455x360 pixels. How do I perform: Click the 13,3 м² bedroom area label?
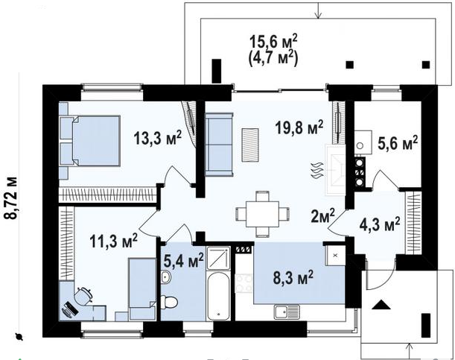pos(158,137)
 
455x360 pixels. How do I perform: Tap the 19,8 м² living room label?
pos(299,127)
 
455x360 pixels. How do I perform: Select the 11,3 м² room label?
pos(113,241)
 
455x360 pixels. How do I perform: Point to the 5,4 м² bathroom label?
pos(183,260)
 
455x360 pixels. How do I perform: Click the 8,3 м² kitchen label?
pos(293,277)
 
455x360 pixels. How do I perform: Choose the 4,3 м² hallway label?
pos(380,224)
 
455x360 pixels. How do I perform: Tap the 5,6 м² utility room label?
pos(398,143)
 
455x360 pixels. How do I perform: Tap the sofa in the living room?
pos(219,145)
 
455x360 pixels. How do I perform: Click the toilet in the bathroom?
pos(168,302)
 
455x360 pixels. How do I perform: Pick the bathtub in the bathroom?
pos(218,296)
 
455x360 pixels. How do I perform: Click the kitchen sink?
pos(287,312)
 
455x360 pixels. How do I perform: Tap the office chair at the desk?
pos(84,295)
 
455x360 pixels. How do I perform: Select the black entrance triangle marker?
pos(381,305)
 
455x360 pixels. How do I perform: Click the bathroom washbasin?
pos(166,277)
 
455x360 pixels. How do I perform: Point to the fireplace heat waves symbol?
pos(317,171)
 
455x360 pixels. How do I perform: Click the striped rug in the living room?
pos(250,145)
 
